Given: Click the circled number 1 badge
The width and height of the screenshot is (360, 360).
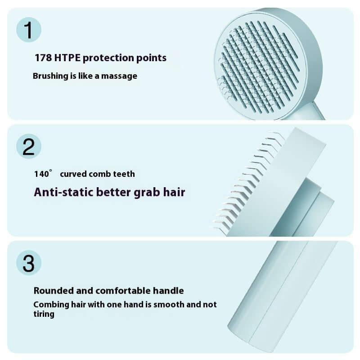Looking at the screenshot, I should pyautogui.click(x=28, y=30).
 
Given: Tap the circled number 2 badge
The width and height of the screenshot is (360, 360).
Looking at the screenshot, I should pyautogui.click(x=28, y=147).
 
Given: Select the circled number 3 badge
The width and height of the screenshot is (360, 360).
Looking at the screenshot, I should pyautogui.click(x=28, y=263).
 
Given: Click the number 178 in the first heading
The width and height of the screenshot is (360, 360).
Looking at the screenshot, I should pyautogui.click(x=43, y=58).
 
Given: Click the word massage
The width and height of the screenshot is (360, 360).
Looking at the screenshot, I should pyautogui.click(x=119, y=76).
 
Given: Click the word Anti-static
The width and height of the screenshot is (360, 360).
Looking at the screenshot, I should pyautogui.click(x=58, y=192).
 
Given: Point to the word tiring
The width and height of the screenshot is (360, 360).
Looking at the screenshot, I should pyautogui.click(x=44, y=314).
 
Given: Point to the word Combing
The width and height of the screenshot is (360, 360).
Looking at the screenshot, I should pyautogui.click(x=51, y=305).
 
